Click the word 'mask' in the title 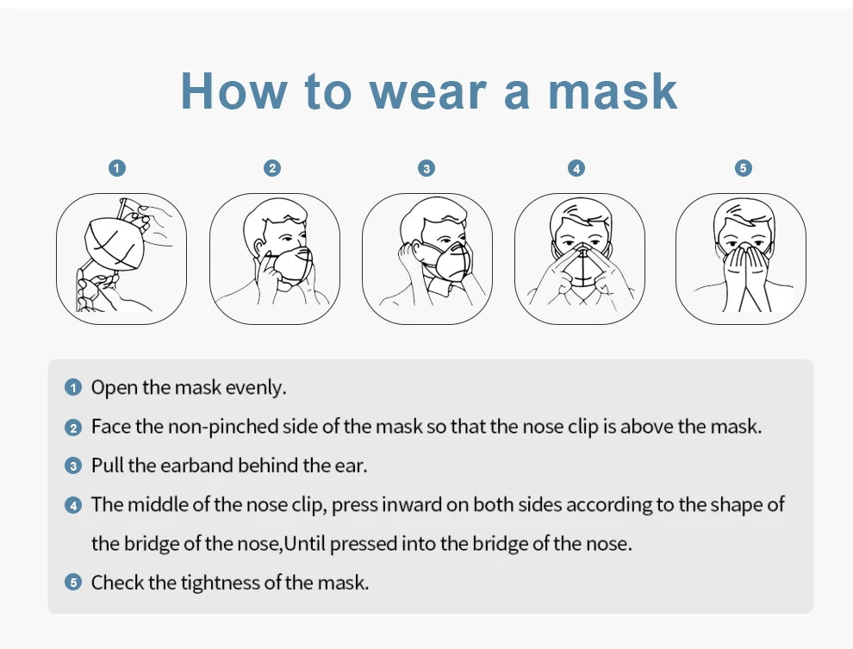pos(613,90)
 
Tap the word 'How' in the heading pos(233,90)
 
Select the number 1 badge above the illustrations pos(118,168)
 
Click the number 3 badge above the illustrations pos(426,168)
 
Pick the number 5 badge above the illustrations pos(744,168)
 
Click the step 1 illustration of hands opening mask pos(121,259)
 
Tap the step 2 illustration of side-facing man pos(275,259)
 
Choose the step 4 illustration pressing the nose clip pos(580,259)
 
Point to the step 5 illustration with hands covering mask pos(740,259)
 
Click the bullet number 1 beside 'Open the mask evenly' pos(73,388)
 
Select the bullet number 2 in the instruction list pos(73,427)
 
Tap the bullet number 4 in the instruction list pos(73,505)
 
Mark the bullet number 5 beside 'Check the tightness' pos(73,583)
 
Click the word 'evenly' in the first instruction pos(255,388)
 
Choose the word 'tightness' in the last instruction pos(220,583)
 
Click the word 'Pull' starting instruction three pos(107,466)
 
